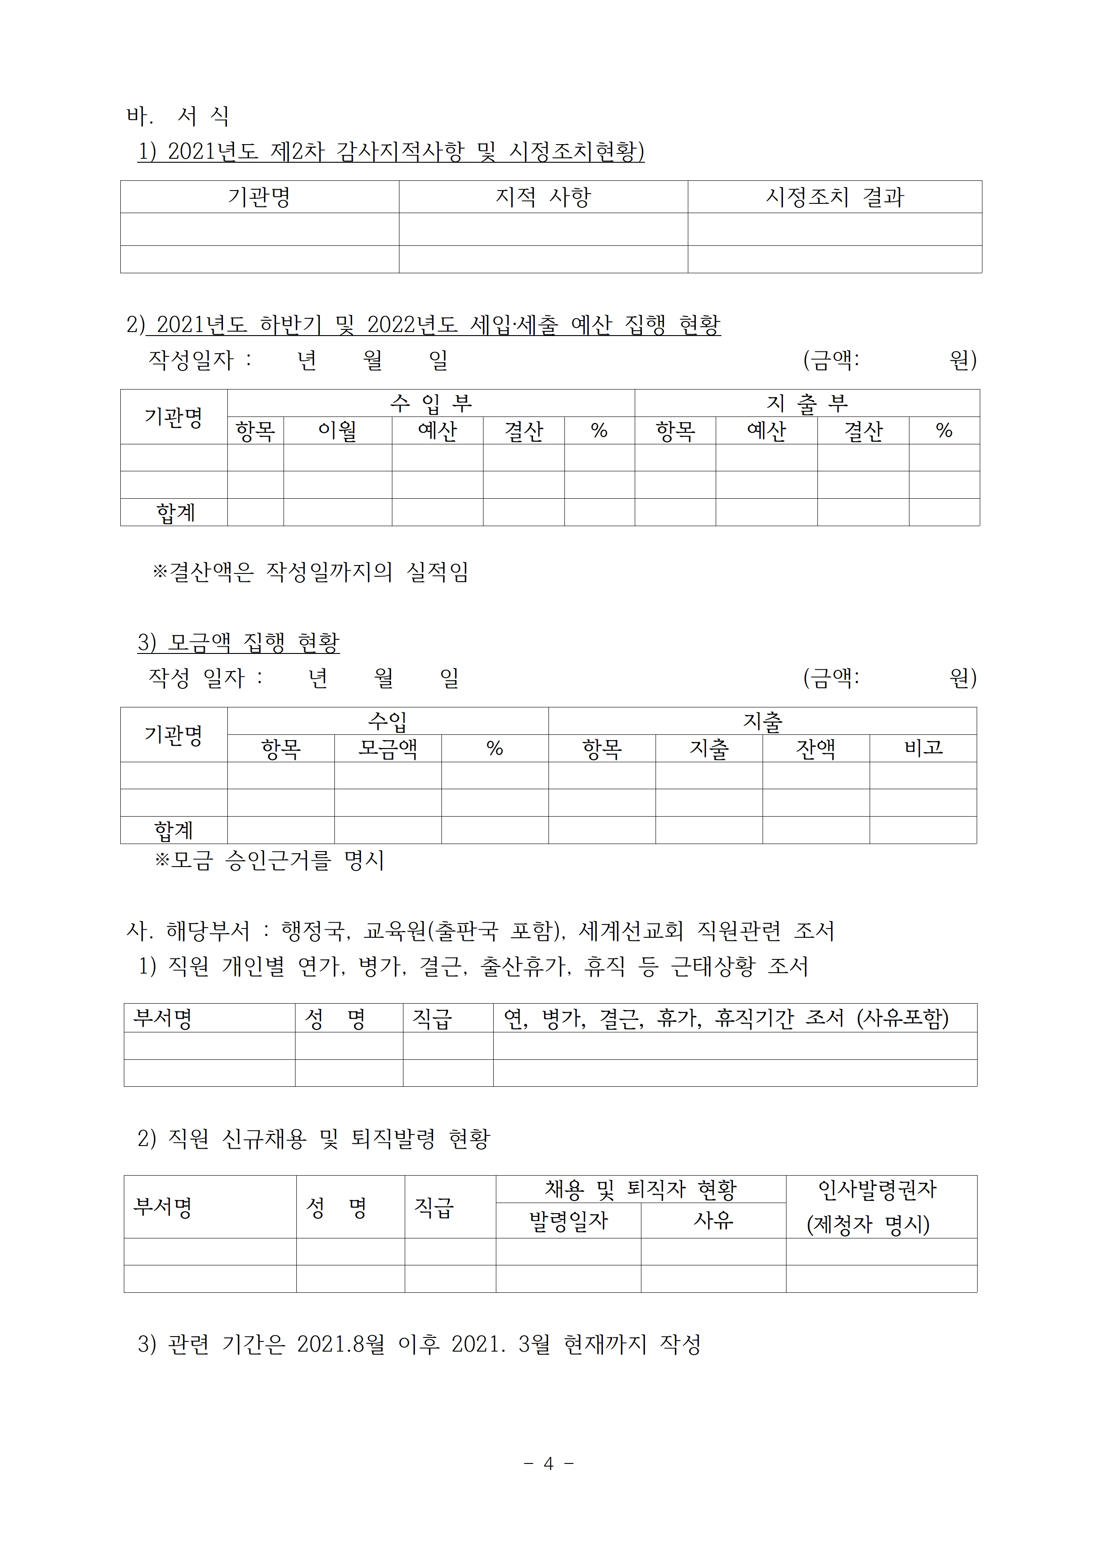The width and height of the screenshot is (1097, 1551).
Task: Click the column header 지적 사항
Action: [x=543, y=197]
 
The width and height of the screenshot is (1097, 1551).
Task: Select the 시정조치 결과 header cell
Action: [x=834, y=197]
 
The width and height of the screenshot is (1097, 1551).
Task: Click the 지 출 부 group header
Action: [x=806, y=403]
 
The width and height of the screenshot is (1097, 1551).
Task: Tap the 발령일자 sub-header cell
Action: [x=568, y=1221]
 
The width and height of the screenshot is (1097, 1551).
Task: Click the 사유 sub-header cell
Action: [x=713, y=1221]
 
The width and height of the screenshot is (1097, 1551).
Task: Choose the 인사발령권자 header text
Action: [x=877, y=1190]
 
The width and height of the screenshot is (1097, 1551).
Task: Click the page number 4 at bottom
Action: [x=548, y=1463]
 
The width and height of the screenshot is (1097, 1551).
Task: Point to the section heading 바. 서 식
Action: [x=178, y=117]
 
